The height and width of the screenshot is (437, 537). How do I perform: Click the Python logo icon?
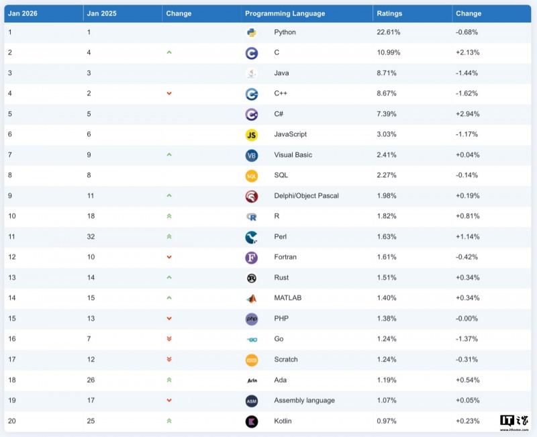pyautogui.click(x=251, y=32)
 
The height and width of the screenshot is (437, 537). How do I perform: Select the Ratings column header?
pyautogui.click(x=389, y=13)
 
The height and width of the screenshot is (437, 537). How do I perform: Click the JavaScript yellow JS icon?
pyautogui.click(x=251, y=135)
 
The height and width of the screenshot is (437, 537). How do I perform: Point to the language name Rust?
pyautogui.click(x=282, y=278)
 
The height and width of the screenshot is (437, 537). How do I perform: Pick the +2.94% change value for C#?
pyautogui.click(x=467, y=114)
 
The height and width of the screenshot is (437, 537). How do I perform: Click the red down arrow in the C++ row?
pyautogui.click(x=169, y=94)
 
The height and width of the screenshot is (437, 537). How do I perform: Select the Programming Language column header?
pyautogui.click(x=285, y=13)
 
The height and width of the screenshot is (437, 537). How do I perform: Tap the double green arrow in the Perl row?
pyautogui.click(x=169, y=237)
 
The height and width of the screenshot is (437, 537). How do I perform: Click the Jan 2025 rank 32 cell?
pyautogui.click(x=91, y=237)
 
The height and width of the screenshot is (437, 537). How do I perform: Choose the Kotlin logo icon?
pyautogui.click(x=251, y=422)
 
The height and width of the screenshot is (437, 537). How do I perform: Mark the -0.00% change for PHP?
pyautogui.click(x=467, y=319)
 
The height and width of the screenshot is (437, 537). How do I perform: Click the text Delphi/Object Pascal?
pyautogui.click(x=306, y=196)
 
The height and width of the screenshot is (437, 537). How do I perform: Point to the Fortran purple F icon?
pyautogui.click(x=251, y=258)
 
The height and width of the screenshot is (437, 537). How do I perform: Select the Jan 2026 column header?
pyautogui.click(x=23, y=13)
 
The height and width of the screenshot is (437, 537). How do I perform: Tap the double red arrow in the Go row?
pyautogui.click(x=169, y=340)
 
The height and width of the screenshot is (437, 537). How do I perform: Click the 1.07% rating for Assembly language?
pyautogui.click(x=387, y=401)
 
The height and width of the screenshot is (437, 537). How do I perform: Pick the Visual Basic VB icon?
pyautogui.click(x=251, y=156)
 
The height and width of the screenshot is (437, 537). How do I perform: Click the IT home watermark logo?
pyautogui.click(x=515, y=422)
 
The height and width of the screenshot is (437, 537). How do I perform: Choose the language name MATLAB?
pyautogui.click(x=288, y=298)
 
